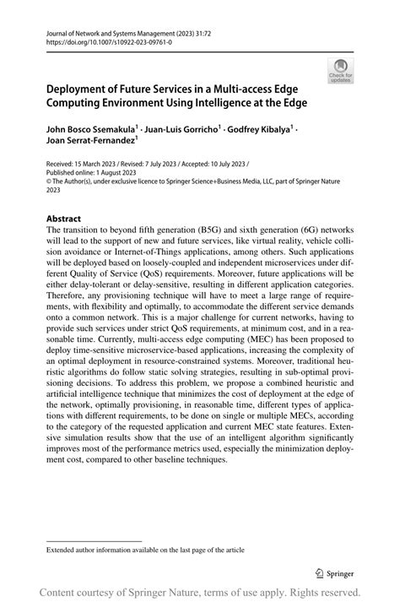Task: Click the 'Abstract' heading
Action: (x=64, y=219)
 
